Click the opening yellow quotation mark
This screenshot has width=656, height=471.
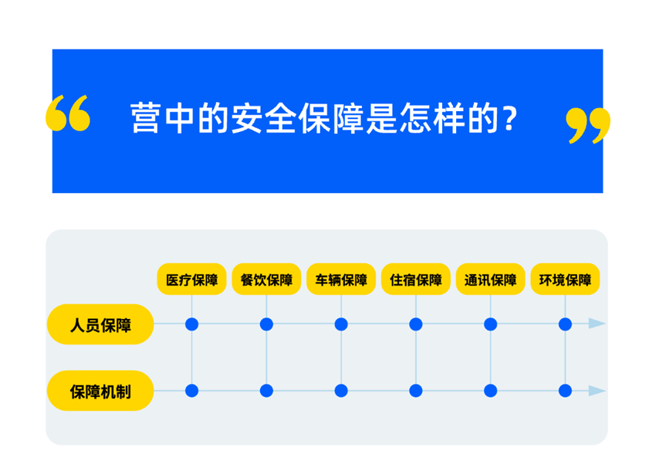point(68,113)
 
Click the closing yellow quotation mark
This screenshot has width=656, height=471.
point(588,126)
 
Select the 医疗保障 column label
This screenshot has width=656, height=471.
point(191,280)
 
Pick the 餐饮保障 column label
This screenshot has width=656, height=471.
point(266,280)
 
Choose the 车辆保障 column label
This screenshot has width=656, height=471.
point(341,280)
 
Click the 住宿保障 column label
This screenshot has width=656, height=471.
point(416,280)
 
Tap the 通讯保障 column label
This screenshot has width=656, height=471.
point(490,280)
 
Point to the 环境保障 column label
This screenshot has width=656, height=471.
point(565,280)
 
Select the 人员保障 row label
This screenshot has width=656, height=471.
point(100,324)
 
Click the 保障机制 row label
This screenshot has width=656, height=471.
point(100,391)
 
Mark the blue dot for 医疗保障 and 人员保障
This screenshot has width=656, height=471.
point(191,324)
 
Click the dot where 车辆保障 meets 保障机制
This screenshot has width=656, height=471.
point(341,391)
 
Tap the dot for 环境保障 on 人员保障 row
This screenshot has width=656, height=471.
point(565,324)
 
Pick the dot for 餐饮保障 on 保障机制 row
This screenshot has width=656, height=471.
point(266,391)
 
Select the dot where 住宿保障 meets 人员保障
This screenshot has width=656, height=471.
point(416,324)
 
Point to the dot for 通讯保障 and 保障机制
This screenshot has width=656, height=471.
point(490,391)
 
